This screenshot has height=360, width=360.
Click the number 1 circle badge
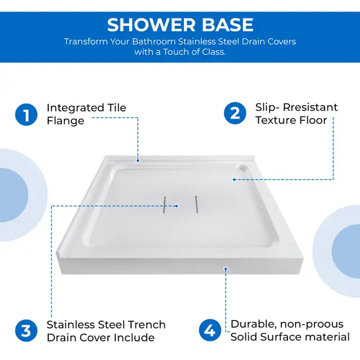click(x=26, y=115)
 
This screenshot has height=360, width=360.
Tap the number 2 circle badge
click(x=235, y=113)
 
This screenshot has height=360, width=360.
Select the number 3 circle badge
click(x=26, y=331)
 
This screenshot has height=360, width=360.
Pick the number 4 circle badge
click(x=210, y=330)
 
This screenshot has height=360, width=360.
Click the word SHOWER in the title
click(x=151, y=25)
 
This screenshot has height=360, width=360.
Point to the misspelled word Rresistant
click(x=310, y=107)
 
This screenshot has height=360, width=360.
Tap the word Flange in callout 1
click(x=65, y=121)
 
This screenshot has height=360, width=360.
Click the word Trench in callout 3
click(x=146, y=325)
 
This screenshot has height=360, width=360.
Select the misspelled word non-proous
click(x=312, y=324)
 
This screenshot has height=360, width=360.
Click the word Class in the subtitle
click(x=213, y=52)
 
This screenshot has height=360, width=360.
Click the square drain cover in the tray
click(x=180, y=204)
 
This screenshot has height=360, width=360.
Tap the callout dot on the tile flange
click(x=138, y=161)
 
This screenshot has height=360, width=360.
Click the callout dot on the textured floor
click(x=234, y=179)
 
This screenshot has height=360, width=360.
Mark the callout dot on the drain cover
click(x=177, y=206)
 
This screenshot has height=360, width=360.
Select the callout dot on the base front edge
click(x=226, y=269)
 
